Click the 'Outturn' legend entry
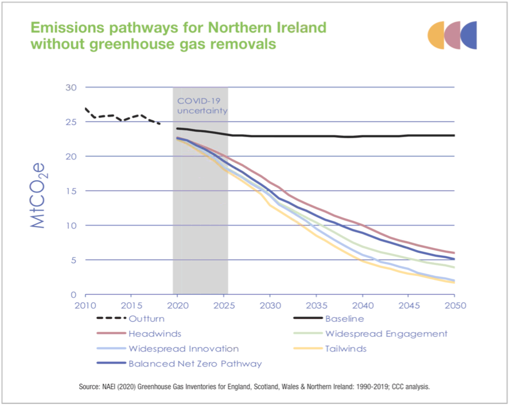[146, 319]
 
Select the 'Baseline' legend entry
[344, 319]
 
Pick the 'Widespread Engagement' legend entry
[386, 334]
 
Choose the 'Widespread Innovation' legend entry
[183, 349]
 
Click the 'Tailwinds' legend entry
[345, 349]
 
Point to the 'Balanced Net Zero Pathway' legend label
[195, 364]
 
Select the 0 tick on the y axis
[72, 294]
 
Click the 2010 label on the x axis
[85, 305]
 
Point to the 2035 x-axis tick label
[316, 305]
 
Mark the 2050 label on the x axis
[454, 305]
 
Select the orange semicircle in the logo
[436, 35]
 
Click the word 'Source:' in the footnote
[92, 388]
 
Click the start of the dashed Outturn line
[85, 108]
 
